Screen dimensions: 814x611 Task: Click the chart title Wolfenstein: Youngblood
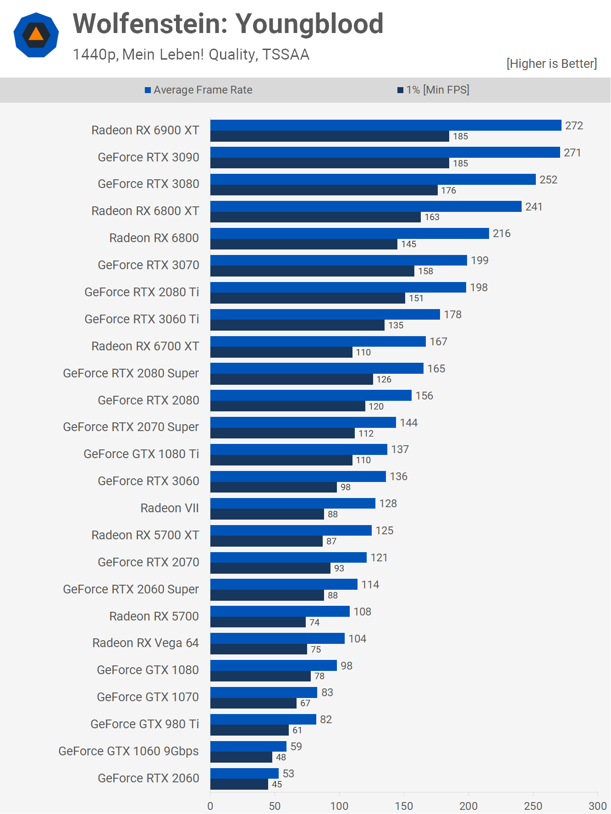tap(228, 24)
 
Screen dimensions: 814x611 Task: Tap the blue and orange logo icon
tap(36, 35)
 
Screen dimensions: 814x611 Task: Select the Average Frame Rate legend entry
tap(198, 90)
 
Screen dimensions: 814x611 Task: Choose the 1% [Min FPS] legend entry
tap(433, 90)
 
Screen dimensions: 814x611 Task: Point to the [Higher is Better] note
tap(551, 64)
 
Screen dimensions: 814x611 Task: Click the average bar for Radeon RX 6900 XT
tap(385, 125)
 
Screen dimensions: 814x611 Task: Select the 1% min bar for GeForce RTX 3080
tap(324, 190)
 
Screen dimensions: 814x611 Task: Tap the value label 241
tap(534, 207)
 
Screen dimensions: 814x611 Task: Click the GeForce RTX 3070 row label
tap(149, 265)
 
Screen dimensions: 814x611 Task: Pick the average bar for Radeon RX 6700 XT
tap(318, 342)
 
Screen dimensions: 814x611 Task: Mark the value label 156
tap(424, 396)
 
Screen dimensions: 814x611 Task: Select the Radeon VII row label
tap(170, 508)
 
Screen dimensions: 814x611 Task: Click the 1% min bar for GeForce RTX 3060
tap(274, 487)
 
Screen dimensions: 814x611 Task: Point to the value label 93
tap(339, 568)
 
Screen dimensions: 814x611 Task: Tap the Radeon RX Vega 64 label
tap(145, 643)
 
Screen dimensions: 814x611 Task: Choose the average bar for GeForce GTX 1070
tap(264, 692)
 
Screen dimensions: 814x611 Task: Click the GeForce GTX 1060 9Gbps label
tap(128, 751)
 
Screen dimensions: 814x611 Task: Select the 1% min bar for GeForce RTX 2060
tap(239, 784)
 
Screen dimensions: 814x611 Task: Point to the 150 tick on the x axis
tap(404, 806)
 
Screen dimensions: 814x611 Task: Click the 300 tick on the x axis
tap(598, 806)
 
